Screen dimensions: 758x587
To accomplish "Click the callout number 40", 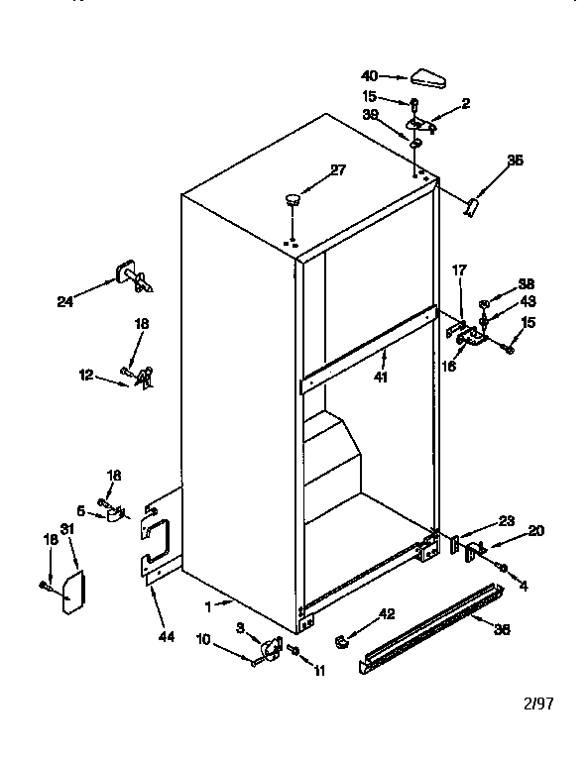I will point(370,75).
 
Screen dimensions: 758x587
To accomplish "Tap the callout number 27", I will point(338,169).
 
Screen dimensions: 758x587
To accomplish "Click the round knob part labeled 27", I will point(293,201).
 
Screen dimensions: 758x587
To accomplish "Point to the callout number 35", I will point(515,160).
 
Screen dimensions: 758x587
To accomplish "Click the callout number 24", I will point(65,303).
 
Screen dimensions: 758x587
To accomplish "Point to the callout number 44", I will point(166,636).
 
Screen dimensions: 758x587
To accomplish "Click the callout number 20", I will point(535,530).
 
